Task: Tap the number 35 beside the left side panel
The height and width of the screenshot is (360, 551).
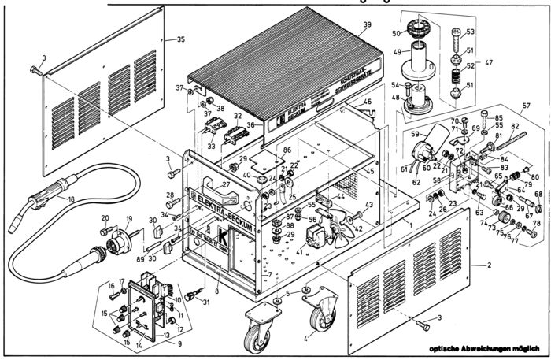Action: (x=180, y=39)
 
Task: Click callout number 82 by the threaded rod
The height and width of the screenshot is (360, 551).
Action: (x=515, y=126)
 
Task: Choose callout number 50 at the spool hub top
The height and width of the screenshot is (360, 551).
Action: (x=398, y=33)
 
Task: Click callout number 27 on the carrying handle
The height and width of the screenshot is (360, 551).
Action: (x=226, y=185)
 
